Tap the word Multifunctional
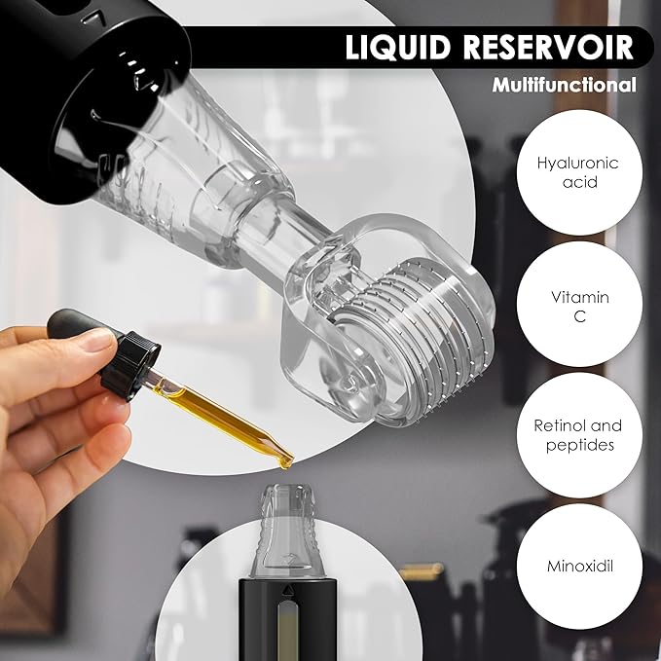[x=564, y=85]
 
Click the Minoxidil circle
[x=577, y=564]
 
